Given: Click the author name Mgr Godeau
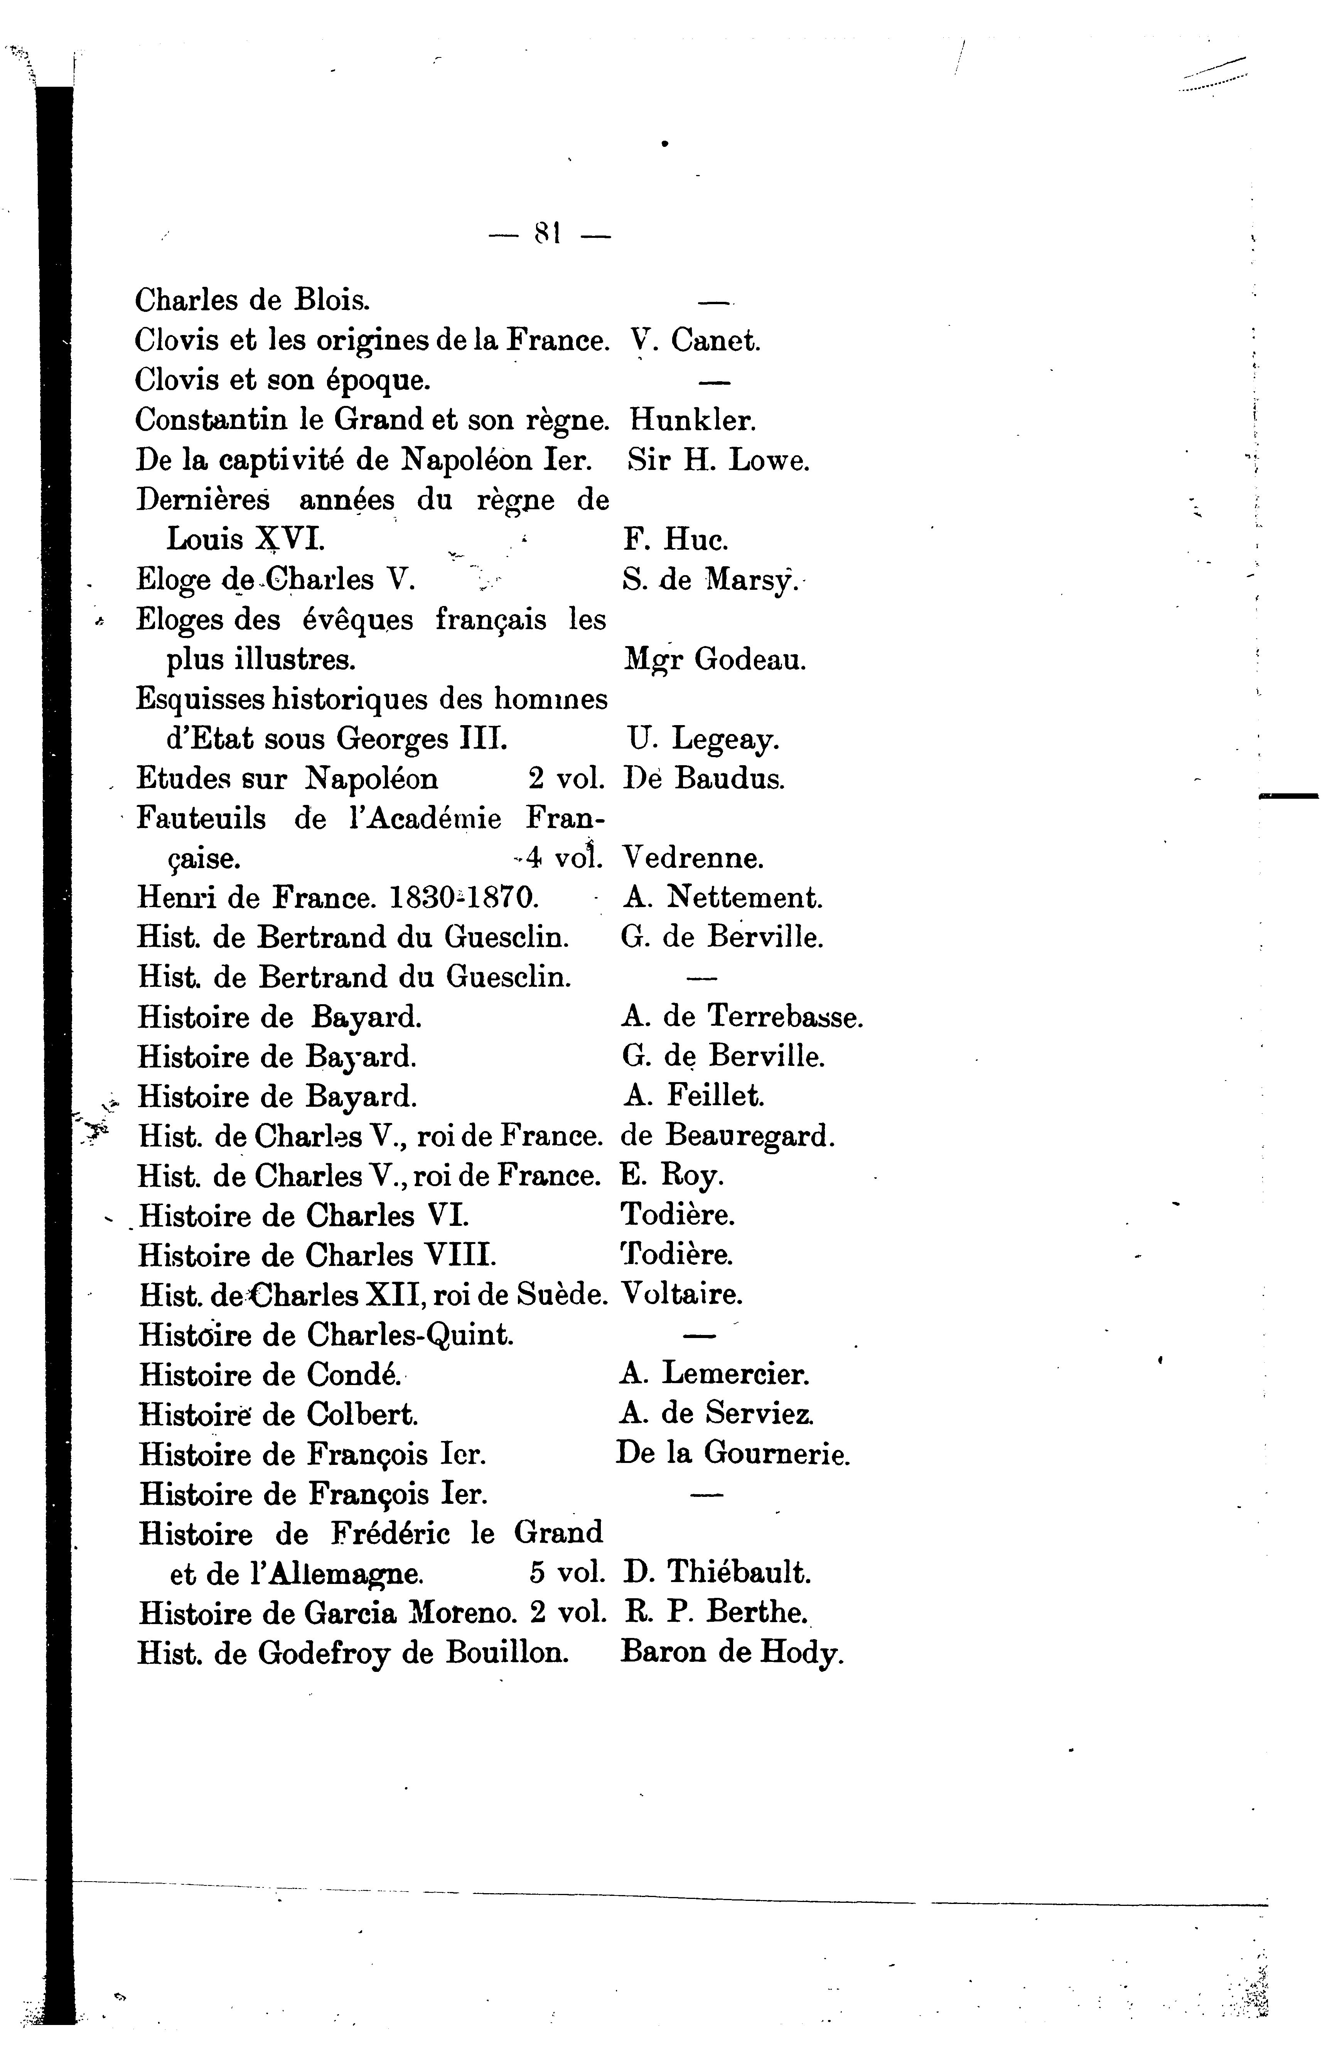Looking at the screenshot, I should (x=715, y=660).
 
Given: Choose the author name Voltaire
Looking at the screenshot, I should (x=681, y=1294).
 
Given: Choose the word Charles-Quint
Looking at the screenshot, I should (x=410, y=1335).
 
